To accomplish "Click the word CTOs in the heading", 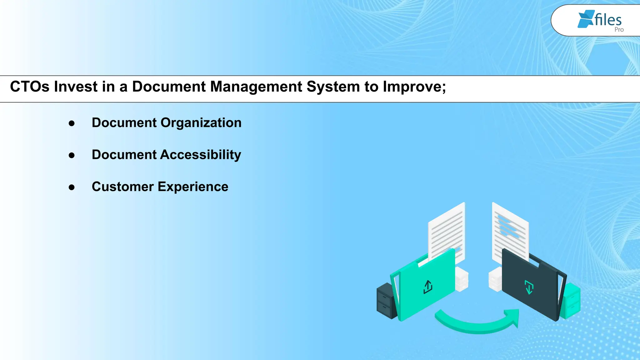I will pos(30,87).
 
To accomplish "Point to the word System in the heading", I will pos(333,87).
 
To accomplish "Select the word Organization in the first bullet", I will pos(201,123).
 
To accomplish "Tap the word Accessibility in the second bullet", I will pos(201,155).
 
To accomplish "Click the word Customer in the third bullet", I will pos(122,187).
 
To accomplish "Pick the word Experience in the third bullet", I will pos(193,187).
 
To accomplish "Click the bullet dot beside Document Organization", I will pos(72,123).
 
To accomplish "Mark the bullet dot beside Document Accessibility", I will pos(72,155).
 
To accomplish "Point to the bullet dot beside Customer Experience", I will pos(72,187).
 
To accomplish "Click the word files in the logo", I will pos(608,20).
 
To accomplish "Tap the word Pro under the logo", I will pos(619,30).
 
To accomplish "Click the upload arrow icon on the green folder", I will pos(428,287).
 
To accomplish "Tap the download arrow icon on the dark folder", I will pos(529,287).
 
